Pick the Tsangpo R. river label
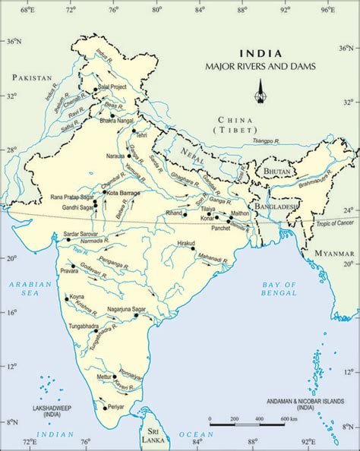[265, 140]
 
